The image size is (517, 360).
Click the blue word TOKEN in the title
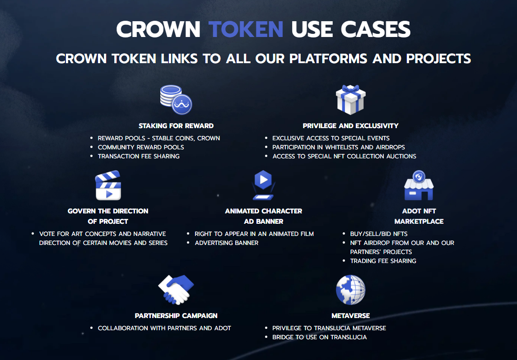(246, 30)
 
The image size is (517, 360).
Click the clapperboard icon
(108, 185)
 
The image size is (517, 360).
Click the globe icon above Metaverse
(350, 290)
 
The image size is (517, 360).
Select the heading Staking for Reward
(176, 126)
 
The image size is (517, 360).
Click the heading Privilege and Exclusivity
(350, 126)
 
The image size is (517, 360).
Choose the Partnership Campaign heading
(176, 316)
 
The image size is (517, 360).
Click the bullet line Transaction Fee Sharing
(139, 156)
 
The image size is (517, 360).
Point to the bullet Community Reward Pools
(141, 147)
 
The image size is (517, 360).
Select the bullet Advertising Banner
(227, 243)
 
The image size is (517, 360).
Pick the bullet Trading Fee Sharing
(383, 261)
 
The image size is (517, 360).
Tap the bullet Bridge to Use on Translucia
(320, 337)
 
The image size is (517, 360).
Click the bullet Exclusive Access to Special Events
(331, 138)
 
